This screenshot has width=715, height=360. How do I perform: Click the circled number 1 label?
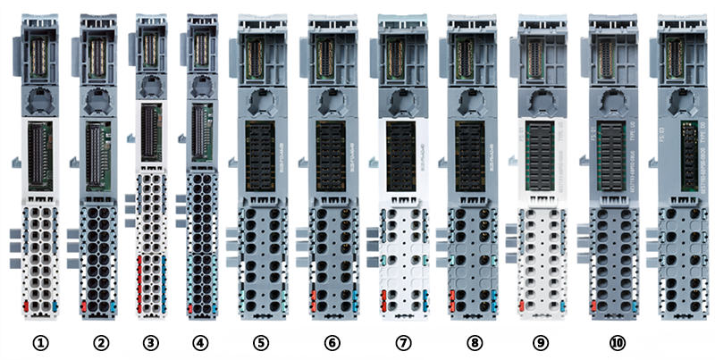tap(38, 342)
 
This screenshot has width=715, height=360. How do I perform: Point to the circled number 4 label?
tap(203, 342)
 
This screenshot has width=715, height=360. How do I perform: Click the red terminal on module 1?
tap(26, 306)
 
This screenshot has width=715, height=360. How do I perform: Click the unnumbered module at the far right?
tap(685, 179)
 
